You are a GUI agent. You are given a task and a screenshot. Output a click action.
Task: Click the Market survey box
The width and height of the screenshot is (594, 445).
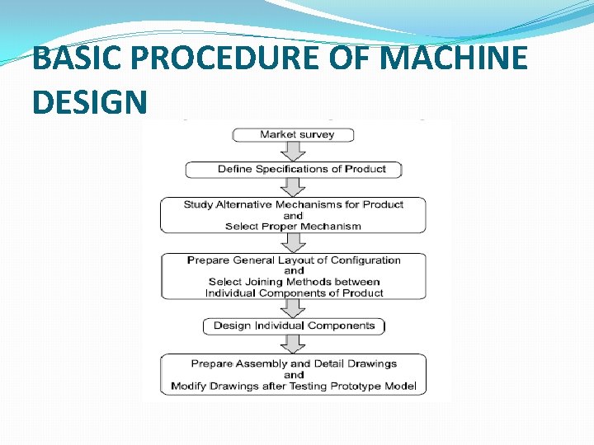tap(294, 134)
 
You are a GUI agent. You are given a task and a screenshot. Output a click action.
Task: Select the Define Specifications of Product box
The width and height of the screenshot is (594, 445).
tap(294, 169)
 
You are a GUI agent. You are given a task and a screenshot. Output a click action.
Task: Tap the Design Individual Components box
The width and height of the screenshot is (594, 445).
tap(294, 326)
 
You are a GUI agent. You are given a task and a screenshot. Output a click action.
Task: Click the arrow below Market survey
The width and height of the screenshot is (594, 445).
tap(294, 152)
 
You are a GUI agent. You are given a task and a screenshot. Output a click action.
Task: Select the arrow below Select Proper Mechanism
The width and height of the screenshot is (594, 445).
tap(294, 242)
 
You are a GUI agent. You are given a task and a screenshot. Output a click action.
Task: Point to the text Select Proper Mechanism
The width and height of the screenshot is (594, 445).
tap(294, 227)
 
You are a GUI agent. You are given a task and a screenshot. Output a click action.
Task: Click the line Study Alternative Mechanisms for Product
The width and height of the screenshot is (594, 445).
tap(294, 204)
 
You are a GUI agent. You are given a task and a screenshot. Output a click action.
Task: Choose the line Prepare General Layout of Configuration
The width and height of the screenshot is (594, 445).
tap(294, 260)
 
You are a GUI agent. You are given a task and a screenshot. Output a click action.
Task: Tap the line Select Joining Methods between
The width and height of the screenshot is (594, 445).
tap(294, 282)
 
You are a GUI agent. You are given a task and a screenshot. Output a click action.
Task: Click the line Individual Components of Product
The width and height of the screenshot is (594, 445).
tap(294, 293)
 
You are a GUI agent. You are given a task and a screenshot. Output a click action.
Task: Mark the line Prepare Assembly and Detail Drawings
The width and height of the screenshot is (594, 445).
tap(294, 363)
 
